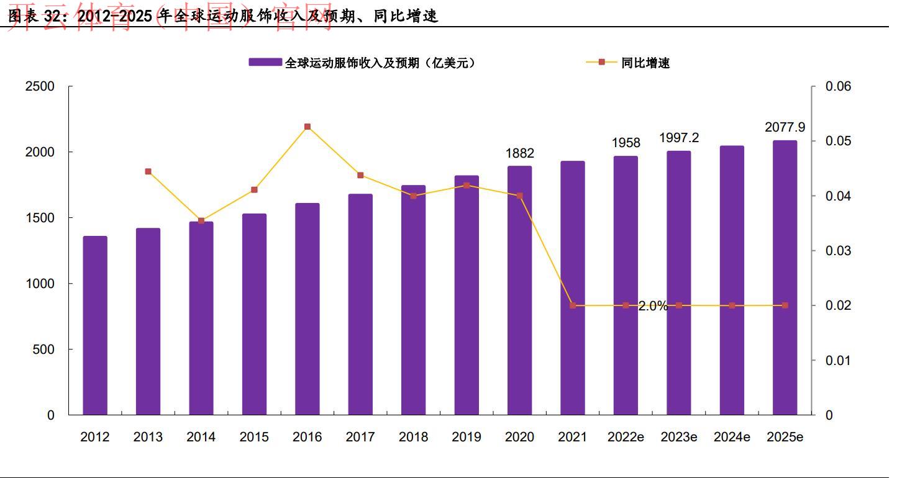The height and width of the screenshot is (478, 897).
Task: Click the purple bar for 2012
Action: [x=95, y=325]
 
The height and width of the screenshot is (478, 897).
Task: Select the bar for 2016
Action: [x=307, y=309]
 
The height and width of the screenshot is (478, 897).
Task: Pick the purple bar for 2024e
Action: [x=732, y=280]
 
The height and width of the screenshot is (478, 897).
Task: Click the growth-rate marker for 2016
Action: [x=307, y=127]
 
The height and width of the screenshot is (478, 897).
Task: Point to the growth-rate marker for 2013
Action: [x=148, y=171]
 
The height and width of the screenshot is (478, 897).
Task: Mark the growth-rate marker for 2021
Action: [x=573, y=305]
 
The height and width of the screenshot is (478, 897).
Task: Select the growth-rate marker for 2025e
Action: [x=785, y=305]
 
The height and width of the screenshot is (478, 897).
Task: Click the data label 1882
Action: [x=519, y=153]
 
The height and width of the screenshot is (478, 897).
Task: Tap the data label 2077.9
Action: [x=785, y=127]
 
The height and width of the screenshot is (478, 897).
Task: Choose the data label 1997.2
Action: [x=678, y=138]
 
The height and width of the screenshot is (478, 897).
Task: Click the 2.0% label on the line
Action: [x=652, y=306]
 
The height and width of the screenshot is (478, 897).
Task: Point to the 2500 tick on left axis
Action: [x=40, y=87]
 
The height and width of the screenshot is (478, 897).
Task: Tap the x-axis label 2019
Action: [x=467, y=437]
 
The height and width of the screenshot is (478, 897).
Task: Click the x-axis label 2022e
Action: [x=626, y=437]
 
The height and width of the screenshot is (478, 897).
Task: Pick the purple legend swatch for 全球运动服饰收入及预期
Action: [x=266, y=63]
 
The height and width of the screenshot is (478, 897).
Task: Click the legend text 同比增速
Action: [x=645, y=63]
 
